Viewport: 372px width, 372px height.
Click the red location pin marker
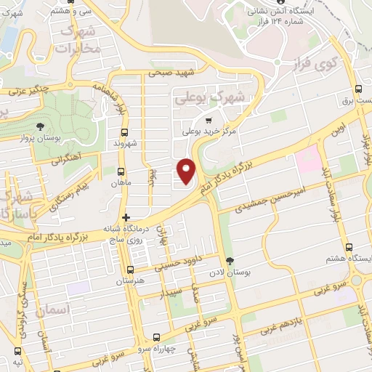tap(187, 170)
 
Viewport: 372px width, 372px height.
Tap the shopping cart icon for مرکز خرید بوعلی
tap(210, 121)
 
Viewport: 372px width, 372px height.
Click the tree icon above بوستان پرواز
tap(29, 127)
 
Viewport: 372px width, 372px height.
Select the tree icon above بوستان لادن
tap(230, 261)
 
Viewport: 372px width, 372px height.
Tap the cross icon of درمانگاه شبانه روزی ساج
tap(126, 217)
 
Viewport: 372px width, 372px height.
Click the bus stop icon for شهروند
tap(124, 132)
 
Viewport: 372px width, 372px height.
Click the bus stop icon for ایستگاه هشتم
tap(350, 248)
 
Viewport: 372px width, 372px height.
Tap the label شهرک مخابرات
tap(77, 41)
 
